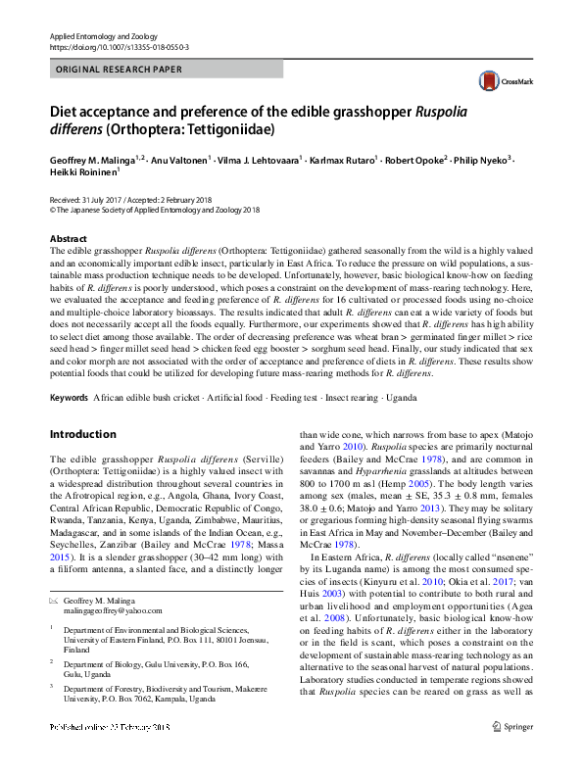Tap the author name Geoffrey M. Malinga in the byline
pos(96,159)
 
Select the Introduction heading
pos(82,434)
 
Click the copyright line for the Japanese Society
pos(154,210)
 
